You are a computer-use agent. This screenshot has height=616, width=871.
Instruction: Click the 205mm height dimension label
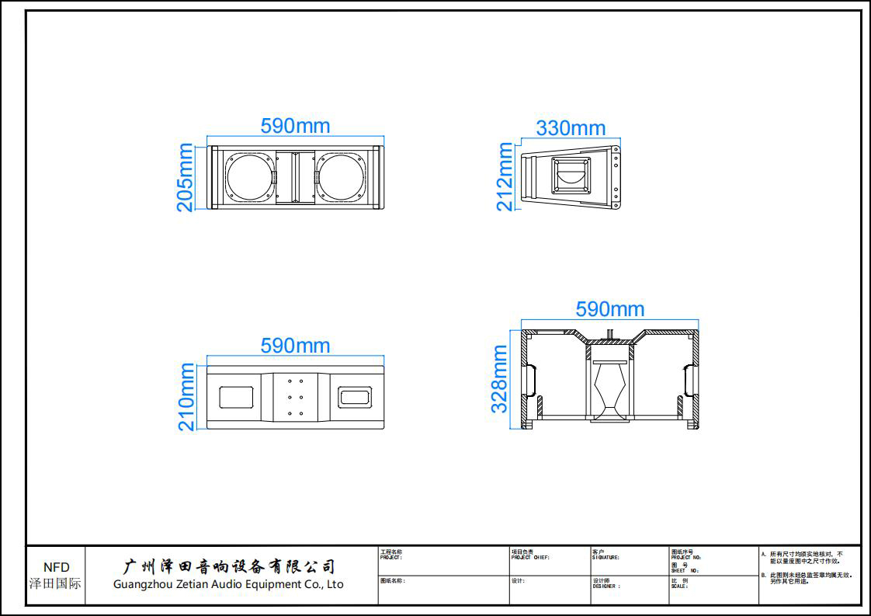tap(186, 177)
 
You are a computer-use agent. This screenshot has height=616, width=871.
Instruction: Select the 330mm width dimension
tap(571, 128)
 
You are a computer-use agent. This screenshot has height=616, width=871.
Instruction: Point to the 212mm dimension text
tap(505, 177)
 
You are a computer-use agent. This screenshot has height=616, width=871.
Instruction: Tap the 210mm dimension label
tap(186, 397)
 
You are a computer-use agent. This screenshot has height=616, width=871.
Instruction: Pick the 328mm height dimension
tap(500, 379)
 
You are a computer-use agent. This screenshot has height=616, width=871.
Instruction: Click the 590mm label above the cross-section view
tap(609, 309)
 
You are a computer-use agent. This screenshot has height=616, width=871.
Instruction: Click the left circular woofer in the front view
tap(252, 177)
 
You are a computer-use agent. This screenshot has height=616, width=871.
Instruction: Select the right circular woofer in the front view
tap(340, 177)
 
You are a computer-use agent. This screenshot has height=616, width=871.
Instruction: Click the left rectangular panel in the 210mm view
tap(237, 397)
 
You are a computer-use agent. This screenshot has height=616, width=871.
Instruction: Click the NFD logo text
tap(56, 568)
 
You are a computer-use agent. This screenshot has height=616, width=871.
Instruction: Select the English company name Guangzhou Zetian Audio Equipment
tap(228, 584)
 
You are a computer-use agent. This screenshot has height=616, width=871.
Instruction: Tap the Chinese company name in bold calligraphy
tap(230, 566)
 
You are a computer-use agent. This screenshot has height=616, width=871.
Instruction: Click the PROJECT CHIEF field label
tap(530, 557)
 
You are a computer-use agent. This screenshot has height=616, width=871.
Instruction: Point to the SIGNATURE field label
tap(606, 557)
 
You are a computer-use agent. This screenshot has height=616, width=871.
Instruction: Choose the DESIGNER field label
tap(606, 586)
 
